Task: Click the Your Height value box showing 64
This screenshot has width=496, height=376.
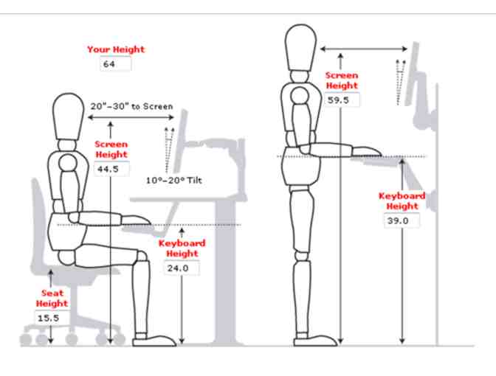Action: tap(115, 64)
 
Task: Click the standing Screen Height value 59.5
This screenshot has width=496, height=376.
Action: tap(342, 100)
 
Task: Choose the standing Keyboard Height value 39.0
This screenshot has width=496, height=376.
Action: tap(402, 220)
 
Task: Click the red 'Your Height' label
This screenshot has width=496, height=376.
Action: tap(116, 49)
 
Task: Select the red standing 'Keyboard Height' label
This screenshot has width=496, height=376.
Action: tap(402, 201)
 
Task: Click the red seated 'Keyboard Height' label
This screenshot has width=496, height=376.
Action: tap(182, 248)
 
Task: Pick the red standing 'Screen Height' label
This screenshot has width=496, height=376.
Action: tap(342, 80)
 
